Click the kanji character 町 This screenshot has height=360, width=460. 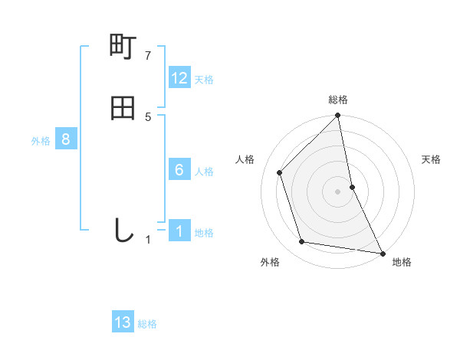tap(123, 48)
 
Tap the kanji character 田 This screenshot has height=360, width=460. tap(123, 108)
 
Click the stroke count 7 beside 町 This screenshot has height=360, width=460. tap(149, 56)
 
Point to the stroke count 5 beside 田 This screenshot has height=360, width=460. tap(149, 116)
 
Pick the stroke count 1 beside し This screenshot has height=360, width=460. tap(149, 240)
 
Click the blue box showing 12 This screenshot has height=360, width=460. tap(179, 78)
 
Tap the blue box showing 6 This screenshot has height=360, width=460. tap(179, 170)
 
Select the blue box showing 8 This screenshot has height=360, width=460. tap(66, 140)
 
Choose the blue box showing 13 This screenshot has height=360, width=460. tap(123, 322)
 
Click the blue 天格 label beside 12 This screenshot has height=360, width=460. tap(204, 80)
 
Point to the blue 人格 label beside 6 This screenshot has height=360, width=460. tap(204, 172)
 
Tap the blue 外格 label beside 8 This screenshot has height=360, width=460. tap(41, 141)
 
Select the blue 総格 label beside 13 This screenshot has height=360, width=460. tap(147, 324)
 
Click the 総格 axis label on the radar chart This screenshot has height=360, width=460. tap(338, 100)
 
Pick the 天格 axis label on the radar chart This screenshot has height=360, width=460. tap(432, 159)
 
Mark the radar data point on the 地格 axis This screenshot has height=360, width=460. tap(382, 252)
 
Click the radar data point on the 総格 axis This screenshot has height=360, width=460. tap(338, 116)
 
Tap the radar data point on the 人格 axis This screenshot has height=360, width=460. tap(280, 172)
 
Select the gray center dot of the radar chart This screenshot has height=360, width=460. tap(338, 191)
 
